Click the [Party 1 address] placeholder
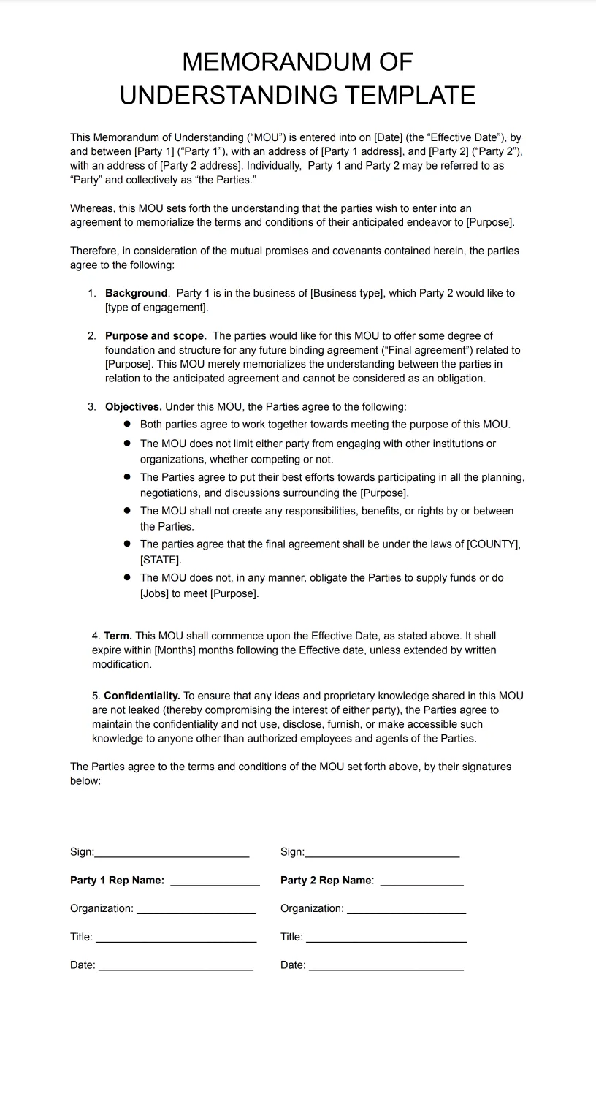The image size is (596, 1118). (x=361, y=151)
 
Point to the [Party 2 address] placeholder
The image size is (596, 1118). (x=200, y=166)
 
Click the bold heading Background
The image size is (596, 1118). (x=137, y=293)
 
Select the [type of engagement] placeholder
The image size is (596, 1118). (x=156, y=308)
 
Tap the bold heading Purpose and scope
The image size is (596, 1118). (x=156, y=336)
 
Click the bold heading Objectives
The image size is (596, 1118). (x=133, y=407)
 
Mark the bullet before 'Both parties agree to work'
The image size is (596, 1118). (x=127, y=424)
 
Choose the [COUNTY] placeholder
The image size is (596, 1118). (x=493, y=544)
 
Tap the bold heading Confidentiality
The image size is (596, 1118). (x=142, y=696)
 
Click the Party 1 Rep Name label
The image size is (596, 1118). (x=117, y=881)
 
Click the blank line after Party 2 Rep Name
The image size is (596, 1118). (x=421, y=883)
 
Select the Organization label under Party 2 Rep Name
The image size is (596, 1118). (x=312, y=908)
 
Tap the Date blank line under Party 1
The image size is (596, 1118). (x=175, y=968)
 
